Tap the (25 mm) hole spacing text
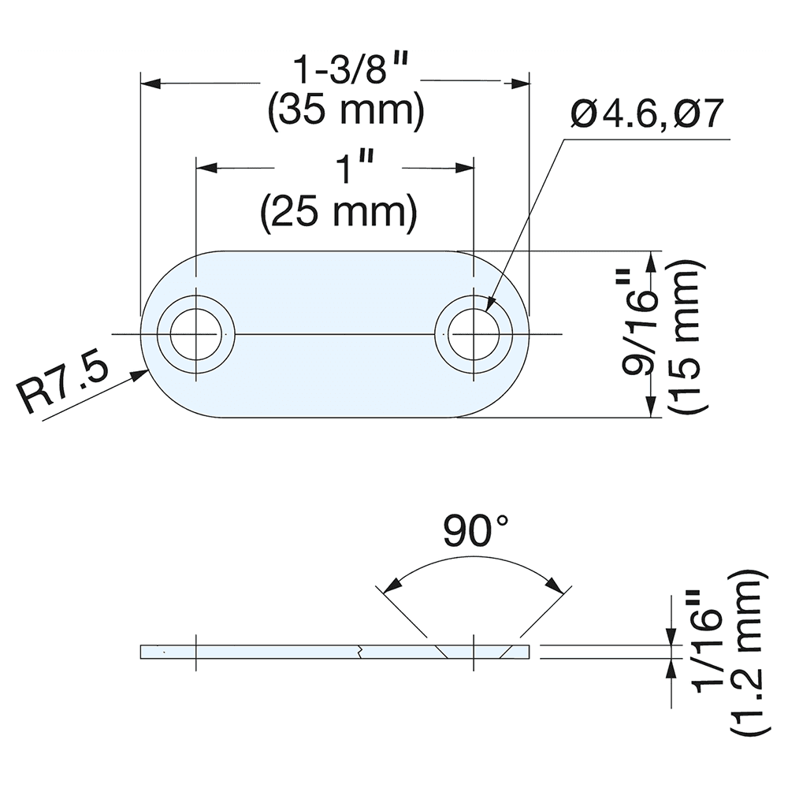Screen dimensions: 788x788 pyautogui.click(x=339, y=213)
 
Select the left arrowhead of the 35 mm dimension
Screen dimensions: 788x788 pyautogui.click(x=150, y=81)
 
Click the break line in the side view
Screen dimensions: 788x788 pyautogui.click(x=359, y=651)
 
